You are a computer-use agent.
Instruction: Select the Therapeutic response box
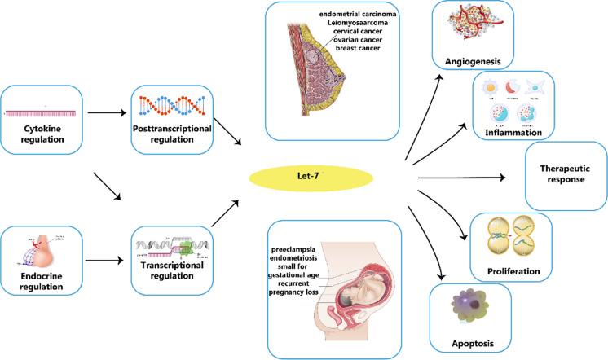pos(566,173)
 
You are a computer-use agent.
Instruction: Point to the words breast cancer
pos(361,48)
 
